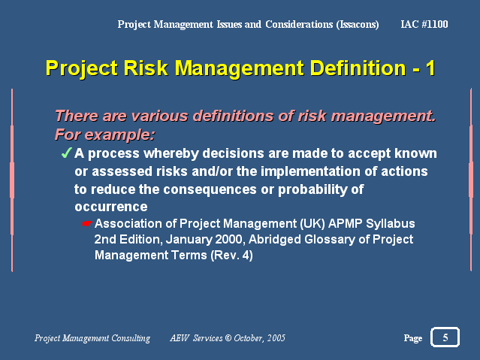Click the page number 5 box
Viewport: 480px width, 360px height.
coord(445,337)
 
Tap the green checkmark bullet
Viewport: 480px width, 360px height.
coord(65,153)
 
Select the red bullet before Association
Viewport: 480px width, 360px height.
coord(87,224)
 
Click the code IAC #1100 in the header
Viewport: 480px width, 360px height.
coord(425,24)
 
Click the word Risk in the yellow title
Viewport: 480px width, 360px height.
coord(146,68)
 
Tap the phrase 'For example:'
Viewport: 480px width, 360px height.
coord(104,135)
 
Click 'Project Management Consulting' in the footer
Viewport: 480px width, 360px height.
coord(92,338)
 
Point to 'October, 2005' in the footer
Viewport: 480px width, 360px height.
coord(259,338)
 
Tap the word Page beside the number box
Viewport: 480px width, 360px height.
coord(412,338)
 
